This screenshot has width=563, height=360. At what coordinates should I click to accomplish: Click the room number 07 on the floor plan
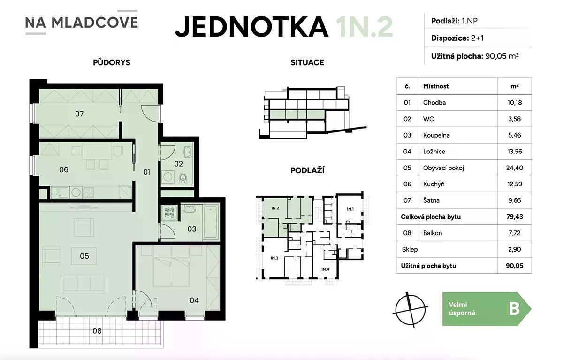(x=79, y=114)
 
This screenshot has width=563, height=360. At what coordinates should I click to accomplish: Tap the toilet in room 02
(x=183, y=178)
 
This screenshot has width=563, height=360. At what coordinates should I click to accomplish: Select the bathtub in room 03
(x=211, y=222)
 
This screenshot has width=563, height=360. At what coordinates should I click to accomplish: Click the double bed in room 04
(x=172, y=267)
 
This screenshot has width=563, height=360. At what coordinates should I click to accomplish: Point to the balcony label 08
(x=97, y=331)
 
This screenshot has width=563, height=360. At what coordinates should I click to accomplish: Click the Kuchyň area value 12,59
(x=515, y=184)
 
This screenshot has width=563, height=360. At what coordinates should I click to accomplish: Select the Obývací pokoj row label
(x=443, y=168)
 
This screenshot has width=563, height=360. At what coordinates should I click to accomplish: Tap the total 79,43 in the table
(x=515, y=217)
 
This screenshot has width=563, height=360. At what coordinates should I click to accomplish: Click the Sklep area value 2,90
(x=515, y=249)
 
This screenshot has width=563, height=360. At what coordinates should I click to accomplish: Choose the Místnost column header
(x=435, y=86)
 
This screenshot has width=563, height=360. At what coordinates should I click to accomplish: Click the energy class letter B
(x=514, y=309)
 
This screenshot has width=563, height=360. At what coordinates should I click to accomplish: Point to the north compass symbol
(x=410, y=310)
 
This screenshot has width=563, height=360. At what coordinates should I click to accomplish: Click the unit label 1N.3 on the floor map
(x=274, y=258)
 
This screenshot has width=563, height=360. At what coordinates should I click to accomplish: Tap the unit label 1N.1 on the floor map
(x=350, y=209)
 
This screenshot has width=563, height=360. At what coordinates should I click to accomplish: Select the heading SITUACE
(x=307, y=62)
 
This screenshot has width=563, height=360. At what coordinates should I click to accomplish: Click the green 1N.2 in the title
(x=365, y=27)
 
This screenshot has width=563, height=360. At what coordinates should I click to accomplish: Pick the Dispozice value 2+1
(x=477, y=38)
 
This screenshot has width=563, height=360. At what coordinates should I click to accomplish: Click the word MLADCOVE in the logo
(x=94, y=23)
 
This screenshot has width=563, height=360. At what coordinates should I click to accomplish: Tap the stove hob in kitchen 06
(x=88, y=192)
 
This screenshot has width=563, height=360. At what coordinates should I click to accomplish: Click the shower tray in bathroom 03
(x=169, y=213)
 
